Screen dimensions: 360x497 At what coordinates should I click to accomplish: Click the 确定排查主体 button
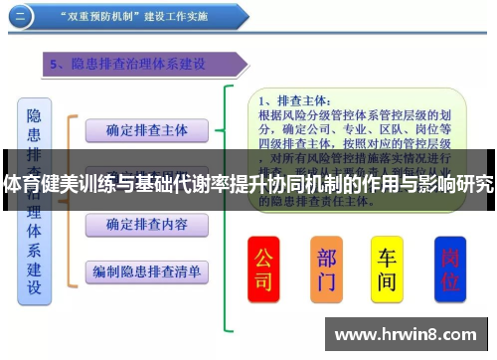pyautogui.click(x=146, y=130)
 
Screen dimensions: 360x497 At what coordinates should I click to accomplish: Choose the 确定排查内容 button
pyautogui.click(x=146, y=225)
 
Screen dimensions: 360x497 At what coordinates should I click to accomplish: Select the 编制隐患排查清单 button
pyautogui.click(x=146, y=270)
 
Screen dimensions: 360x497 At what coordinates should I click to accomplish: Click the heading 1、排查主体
pyautogui.click(x=293, y=101)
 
